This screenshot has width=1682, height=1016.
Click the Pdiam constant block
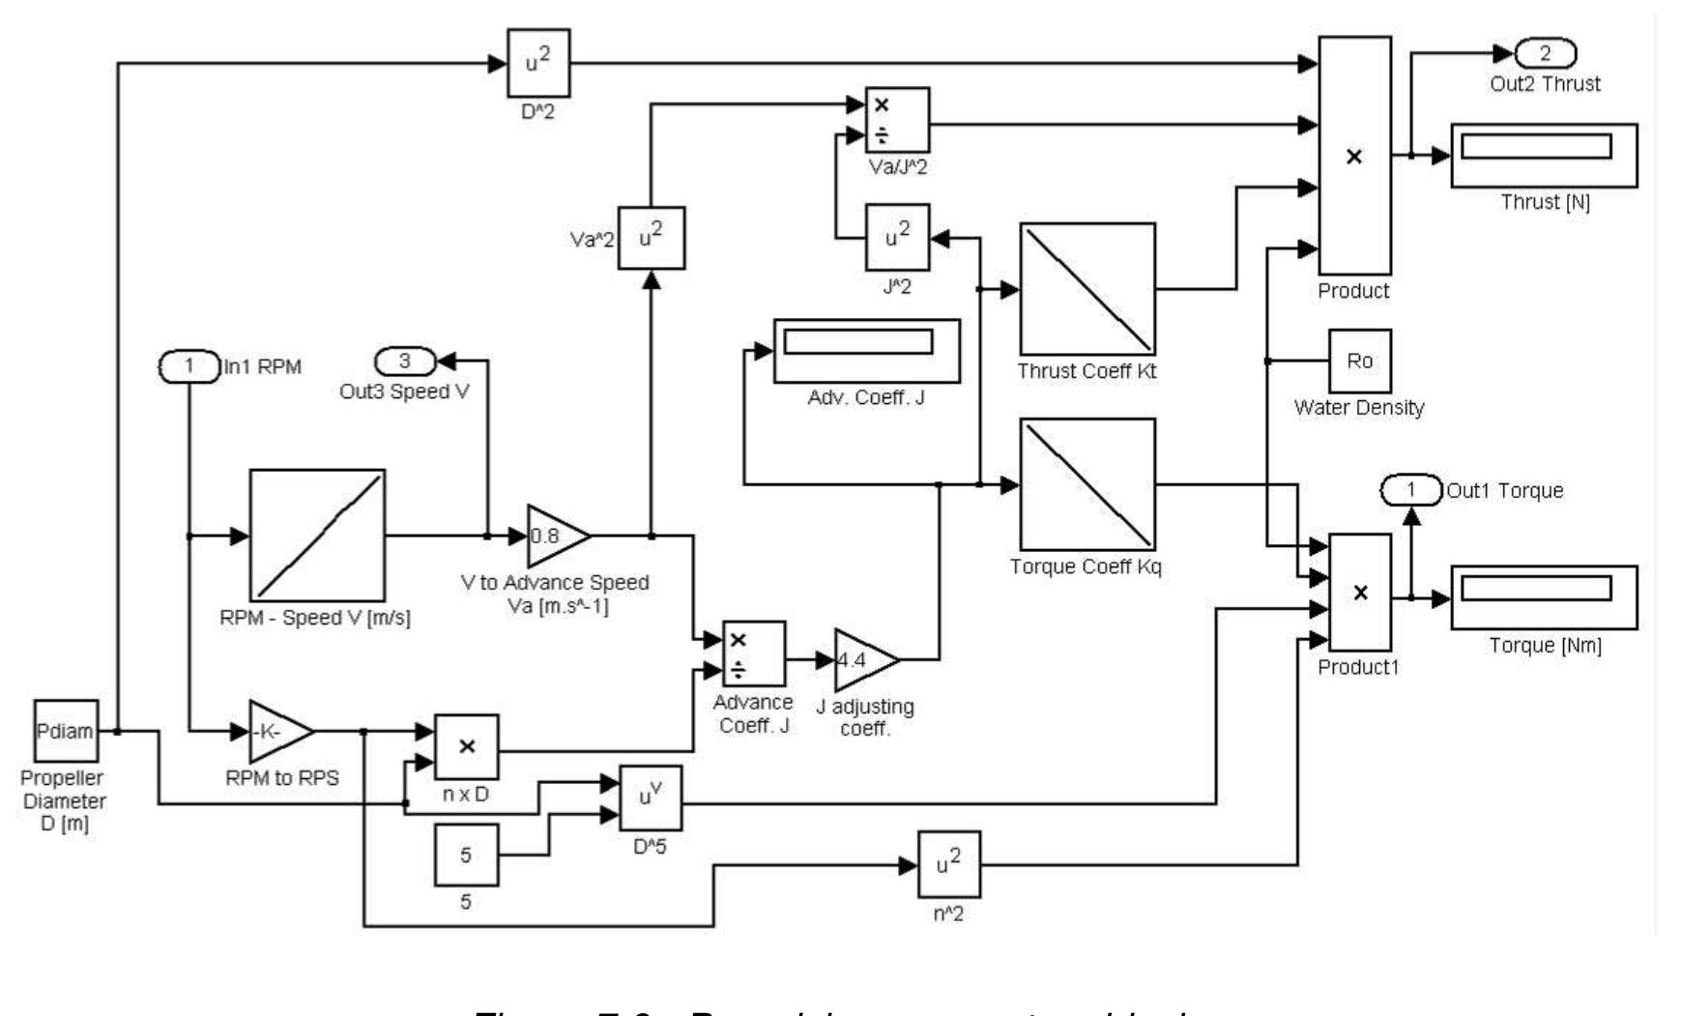click(x=66, y=731)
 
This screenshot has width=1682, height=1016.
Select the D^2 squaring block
click(x=538, y=64)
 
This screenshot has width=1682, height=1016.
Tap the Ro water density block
click(x=1359, y=361)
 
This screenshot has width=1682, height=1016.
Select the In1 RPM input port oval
click(x=189, y=366)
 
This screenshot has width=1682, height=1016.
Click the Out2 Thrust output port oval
click(x=1545, y=53)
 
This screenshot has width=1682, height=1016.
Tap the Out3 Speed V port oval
click(x=405, y=362)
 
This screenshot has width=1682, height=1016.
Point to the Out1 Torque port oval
click(x=1410, y=490)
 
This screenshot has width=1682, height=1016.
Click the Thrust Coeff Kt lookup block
click(x=1087, y=289)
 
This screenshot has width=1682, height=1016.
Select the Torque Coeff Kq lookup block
click(x=1087, y=484)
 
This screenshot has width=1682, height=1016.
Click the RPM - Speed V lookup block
click(x=317, y=536)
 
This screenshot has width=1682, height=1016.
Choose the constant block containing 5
click(x=466, y=856)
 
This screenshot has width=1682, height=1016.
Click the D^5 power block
click(x=651, y=798)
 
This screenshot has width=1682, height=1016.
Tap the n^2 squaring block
click(x=948, y=864)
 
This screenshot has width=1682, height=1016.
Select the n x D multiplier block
click(x=467, y=746)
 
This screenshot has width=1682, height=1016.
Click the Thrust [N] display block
click(x=1544, y=155)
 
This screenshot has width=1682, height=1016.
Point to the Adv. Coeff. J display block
click(x=866, y=351)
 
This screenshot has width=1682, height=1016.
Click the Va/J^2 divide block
click(x=897, y=120)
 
